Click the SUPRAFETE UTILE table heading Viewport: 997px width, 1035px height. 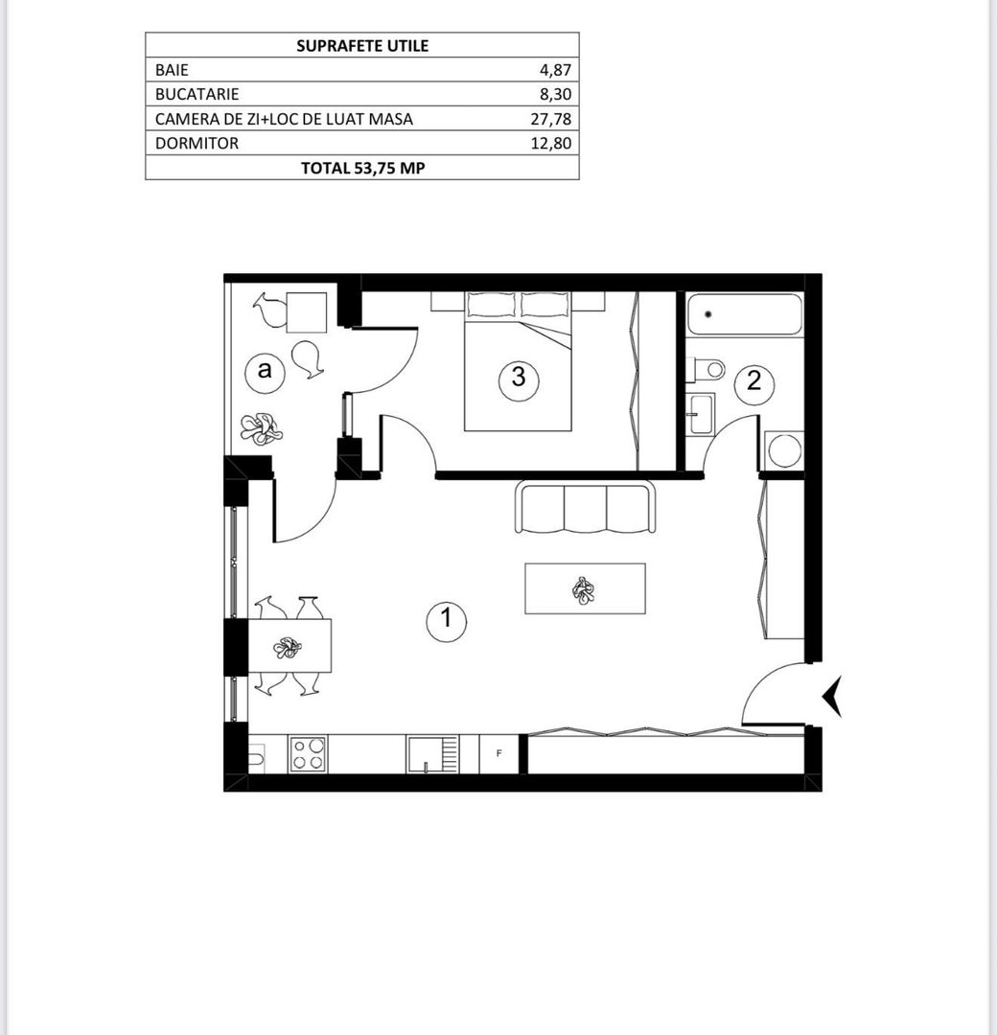(x=362, y=45)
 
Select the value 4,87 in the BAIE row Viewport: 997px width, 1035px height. (x=555, y=70)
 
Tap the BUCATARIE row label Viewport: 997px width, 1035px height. (x=197, y=95)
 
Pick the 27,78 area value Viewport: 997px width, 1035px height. (x=551, y=119)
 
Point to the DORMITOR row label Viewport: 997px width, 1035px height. (x=197, y=144)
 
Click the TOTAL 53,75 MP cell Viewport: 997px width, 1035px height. (x=362, y=168)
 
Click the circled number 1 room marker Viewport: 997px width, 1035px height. (x=446, y=620)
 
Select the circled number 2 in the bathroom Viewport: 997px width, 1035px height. (x=754, y=381)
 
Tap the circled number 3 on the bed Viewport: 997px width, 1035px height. (x=519, y=378)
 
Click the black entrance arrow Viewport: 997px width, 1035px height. (x=832, y=697)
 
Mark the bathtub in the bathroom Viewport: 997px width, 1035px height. (x=745, y=314)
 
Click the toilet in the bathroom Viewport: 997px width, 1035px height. (x=707, y=368)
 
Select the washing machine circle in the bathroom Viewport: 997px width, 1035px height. (x=784, y=450)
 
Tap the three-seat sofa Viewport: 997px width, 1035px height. (x=586, y=508)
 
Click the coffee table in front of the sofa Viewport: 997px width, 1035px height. (x=585, y=588)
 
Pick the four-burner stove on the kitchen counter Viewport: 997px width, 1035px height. (x=309, y=753)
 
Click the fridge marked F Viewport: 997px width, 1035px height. (x=499, y=753)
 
